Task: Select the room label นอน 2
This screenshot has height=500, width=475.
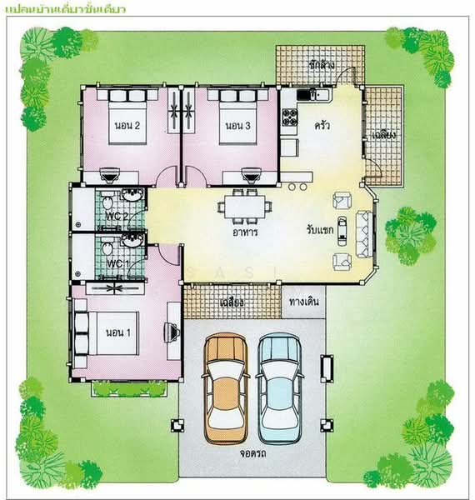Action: tap(126, 126)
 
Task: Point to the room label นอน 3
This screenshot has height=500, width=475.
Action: tap(237, 126)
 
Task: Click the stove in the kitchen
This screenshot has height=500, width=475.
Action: tap(289, 117)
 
